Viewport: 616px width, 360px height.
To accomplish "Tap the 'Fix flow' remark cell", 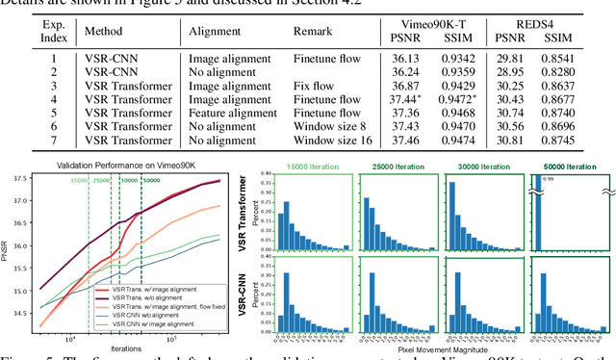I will pyautogui.click(x=313, y=85).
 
